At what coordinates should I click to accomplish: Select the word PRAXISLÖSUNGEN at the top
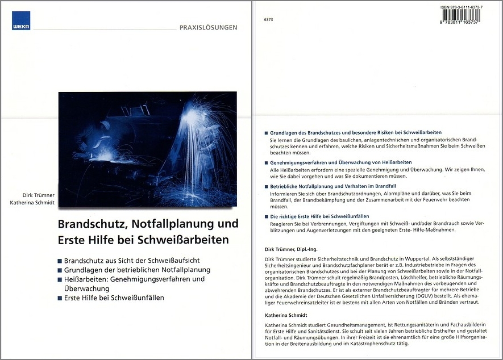pos(208,27)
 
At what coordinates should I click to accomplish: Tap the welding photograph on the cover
pos(147,149)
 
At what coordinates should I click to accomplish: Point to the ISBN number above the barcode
pos(461,7)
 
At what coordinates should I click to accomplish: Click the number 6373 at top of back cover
pos(269,20)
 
